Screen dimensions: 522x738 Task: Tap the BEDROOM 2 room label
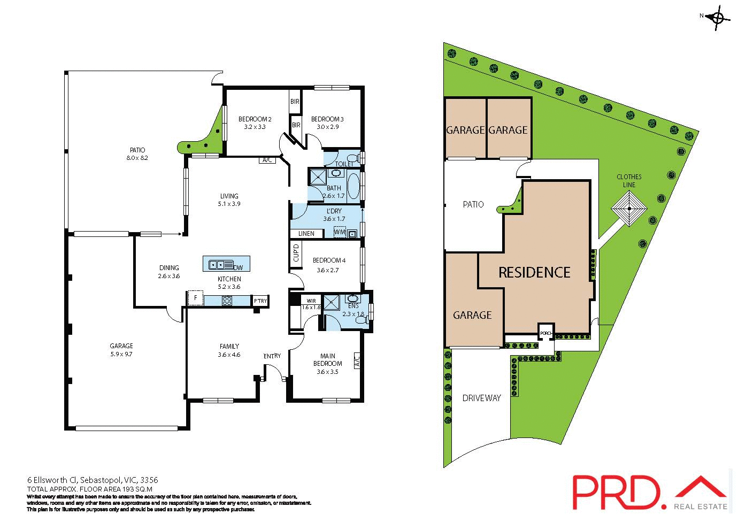(255, 119)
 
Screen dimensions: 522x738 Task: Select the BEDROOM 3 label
(327, 119)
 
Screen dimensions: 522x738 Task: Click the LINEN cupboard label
(306, 234)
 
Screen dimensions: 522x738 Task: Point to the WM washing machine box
(340, 232)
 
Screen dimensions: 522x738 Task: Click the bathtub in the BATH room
(353, 186)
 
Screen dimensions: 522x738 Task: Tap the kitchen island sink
(218, 264)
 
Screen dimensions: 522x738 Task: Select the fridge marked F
(195, 298)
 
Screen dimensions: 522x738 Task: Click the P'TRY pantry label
(260, 301)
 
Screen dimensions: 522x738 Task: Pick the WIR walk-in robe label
(311, 301)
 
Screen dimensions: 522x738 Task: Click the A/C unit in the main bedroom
(357, 361)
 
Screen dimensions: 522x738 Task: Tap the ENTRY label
(272, 356)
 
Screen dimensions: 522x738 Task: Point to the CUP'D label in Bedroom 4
(296, 253)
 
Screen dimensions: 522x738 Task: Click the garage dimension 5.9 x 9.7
(121, 354)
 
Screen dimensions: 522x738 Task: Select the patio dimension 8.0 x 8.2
(137, 158)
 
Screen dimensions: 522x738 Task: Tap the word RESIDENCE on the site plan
(534, 273)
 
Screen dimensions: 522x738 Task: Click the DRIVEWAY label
(481, 398)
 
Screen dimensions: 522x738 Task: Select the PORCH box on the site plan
(545, 333)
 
